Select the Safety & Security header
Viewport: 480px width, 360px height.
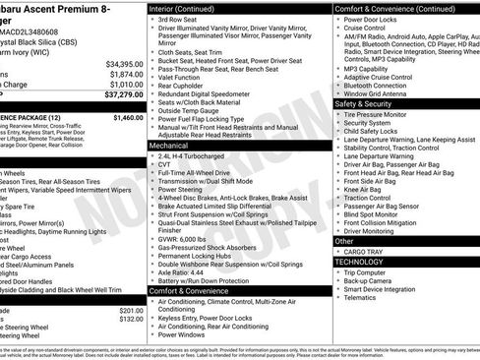click(x=364, y=103)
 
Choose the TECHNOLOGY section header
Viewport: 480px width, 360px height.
click(x=360, y=263)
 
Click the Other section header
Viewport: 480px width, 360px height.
click(x=344, y=241)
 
